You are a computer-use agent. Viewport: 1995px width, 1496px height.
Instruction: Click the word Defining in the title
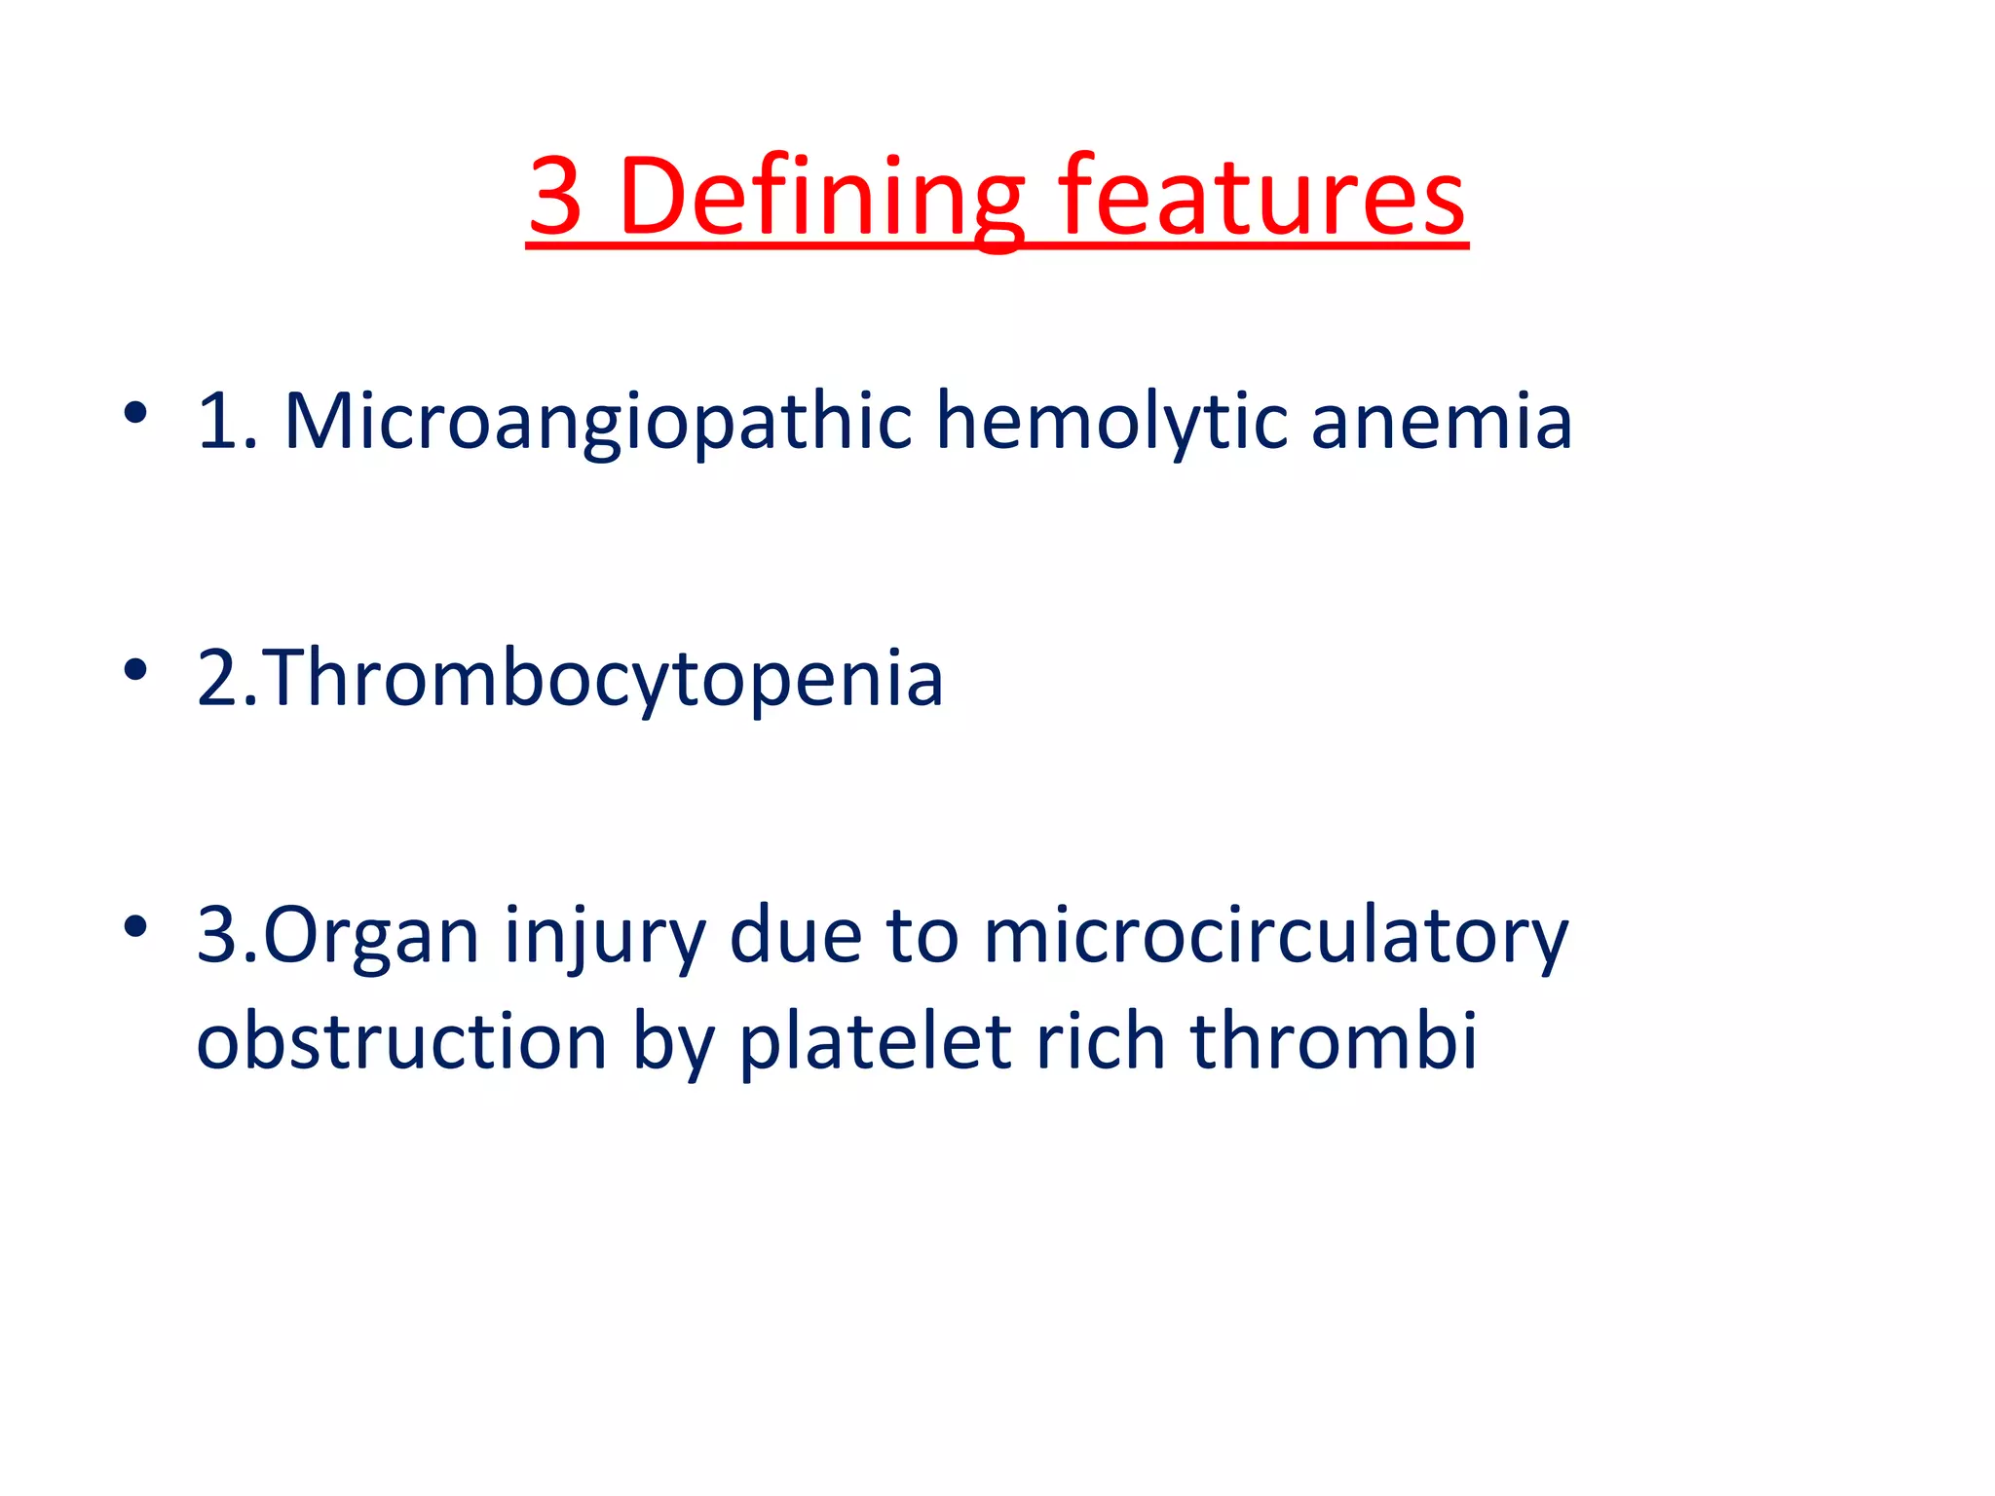click(x=820, y=197)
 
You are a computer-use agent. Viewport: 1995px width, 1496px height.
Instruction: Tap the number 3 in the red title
click(x=555, y=197)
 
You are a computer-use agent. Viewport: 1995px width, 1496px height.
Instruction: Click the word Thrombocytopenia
click(x=601, y=679)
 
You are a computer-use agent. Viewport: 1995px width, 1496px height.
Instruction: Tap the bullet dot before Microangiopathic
click(x=135, y=413)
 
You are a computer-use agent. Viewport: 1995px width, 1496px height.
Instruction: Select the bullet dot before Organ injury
click(x=135, y=926)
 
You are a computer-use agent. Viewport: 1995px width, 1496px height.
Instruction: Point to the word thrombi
click(x=1334, y=1040)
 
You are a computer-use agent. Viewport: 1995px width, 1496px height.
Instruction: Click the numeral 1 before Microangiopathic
click(x=217, y=421)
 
